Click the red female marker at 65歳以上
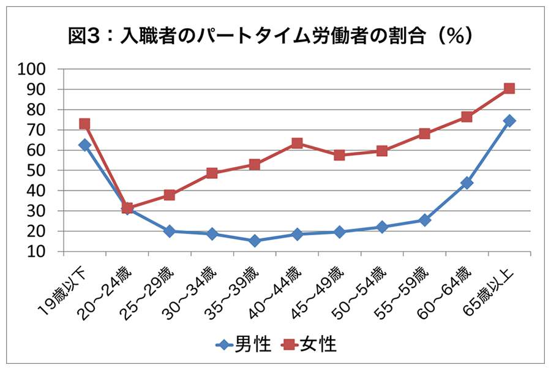coord(509,88)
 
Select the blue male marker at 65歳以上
coord(509,121)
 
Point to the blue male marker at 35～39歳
coord(254,241)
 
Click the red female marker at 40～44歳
coord(297,143)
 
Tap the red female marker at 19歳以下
coord(84,124)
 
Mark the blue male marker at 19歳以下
coord(84,145)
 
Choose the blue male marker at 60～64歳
coord(467,183)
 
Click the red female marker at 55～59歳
coord(424,134)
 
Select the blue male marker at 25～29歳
coord(170,231)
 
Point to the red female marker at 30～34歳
coord(212,173)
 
